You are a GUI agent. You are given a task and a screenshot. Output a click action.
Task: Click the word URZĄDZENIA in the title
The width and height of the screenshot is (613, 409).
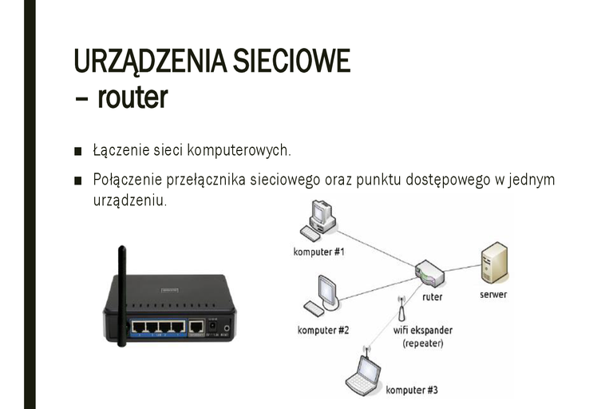(x=151, y=61)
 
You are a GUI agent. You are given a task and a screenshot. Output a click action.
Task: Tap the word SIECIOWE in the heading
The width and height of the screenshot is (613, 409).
(x=291, y=60)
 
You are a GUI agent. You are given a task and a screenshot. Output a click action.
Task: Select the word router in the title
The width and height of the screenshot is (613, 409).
(x=132, y=97)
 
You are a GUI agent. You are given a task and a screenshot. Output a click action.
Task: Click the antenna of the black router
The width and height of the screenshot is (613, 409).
(x=122, y=296)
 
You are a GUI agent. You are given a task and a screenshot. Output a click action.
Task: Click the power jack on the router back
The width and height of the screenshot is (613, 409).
(x=212, y=326)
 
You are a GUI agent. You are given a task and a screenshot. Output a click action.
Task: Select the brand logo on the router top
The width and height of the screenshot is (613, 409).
(x=170, y=291)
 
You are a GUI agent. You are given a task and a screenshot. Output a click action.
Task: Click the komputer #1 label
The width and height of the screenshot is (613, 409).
(x=319, y=252)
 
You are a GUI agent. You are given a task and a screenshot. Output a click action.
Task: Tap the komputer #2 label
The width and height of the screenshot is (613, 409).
(x=323, y=330)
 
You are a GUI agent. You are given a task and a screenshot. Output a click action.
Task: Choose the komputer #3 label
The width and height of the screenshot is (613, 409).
(x=412, y=390)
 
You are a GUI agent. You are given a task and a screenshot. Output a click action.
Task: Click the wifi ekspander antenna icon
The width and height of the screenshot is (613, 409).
(x=401, y=308)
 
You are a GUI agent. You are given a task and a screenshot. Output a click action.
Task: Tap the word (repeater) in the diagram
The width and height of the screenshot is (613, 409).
(x=422, y=343)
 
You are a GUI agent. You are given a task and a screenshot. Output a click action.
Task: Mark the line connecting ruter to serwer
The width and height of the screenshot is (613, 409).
(x=462, y=268)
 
